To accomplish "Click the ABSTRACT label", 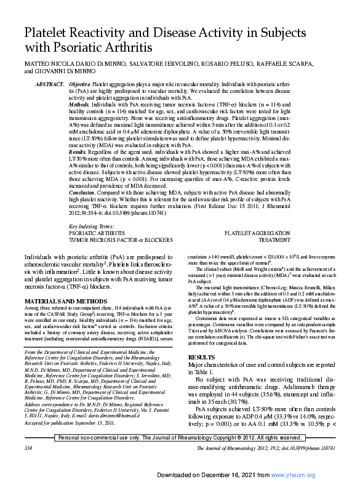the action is click(x=50, y=83).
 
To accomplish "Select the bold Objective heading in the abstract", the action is click(x=79, y=83).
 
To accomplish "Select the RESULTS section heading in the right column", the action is click(x=201, y=357).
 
